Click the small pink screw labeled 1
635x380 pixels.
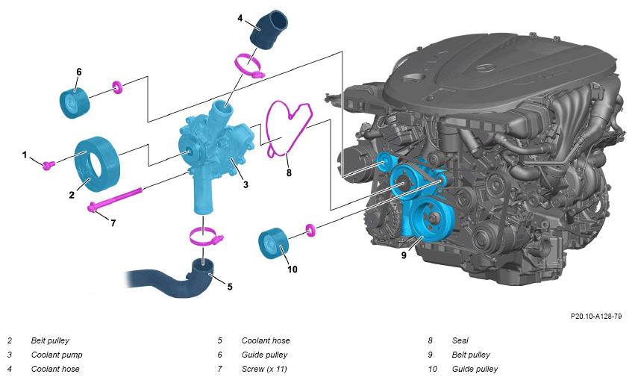point(49,164)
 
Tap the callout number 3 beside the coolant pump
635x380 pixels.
point(245,184)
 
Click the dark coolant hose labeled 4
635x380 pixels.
point(268,30)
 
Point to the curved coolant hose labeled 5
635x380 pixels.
point(174,278)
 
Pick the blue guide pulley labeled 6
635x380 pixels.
point(75,103)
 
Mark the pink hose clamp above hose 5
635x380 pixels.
point(205,236)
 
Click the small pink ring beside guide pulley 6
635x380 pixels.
point(117,87)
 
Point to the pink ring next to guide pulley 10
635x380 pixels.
point(310,230)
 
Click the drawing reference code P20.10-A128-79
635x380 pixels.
point(595,316)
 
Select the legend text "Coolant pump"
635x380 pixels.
point(57,355)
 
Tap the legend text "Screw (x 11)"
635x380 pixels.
point(264,369)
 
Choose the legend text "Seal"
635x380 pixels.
point(460,340)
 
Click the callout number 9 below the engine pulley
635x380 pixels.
point(404,255)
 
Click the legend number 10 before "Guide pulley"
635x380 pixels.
point(433,369)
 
